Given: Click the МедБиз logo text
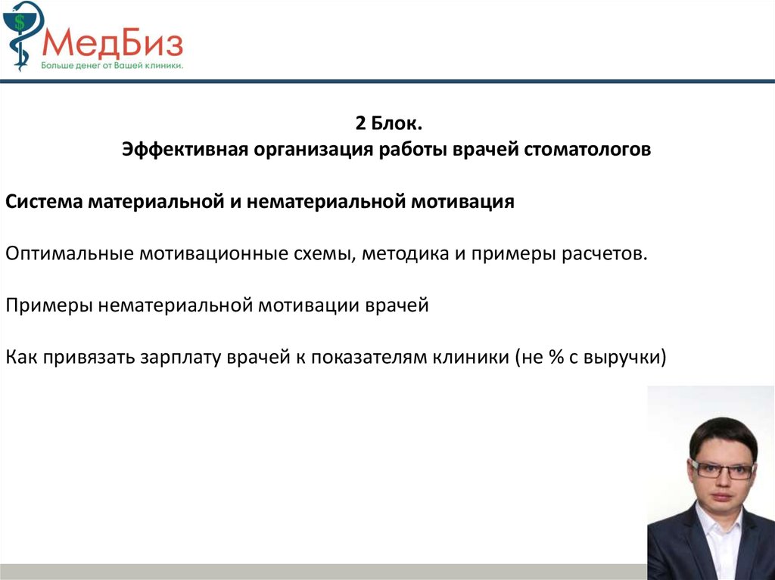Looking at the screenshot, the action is pos(113,43).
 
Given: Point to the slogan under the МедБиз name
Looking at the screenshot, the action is pos(112,65).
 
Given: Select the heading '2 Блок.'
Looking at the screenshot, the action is pos(388,123).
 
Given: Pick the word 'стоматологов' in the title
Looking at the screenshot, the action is pos(587,150).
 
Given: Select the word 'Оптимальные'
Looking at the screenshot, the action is pos(69,254).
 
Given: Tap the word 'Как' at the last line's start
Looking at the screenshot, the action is pos(21,357).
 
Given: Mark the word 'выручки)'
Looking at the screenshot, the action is pos(625,358).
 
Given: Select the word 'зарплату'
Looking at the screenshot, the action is pos(180,358).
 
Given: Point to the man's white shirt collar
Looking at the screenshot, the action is pos(719,529).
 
